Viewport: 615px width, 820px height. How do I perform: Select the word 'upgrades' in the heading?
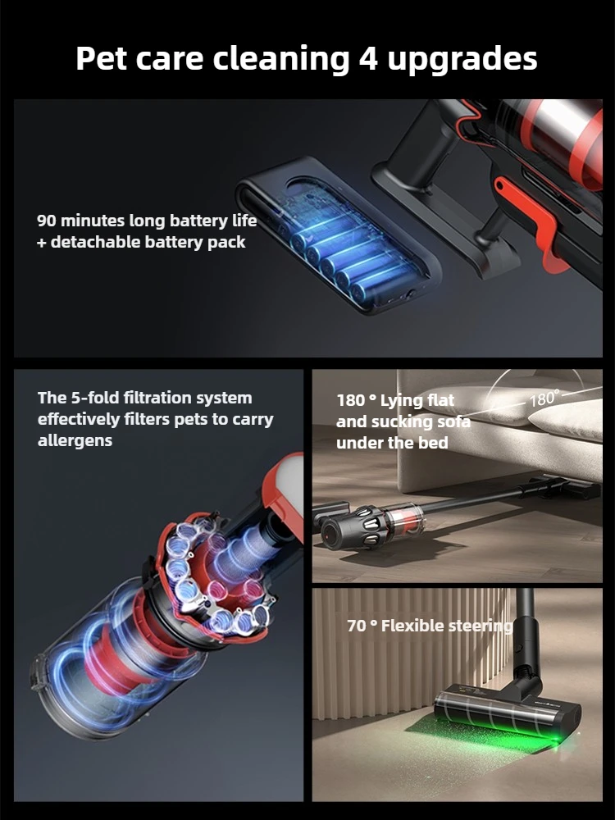pyautogui.click(x=462, y=59)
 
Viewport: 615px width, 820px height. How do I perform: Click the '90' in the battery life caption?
pyautogui.click(x=47, y=221)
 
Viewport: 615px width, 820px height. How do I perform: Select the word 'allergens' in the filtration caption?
pyautogui.click(x=75, y=441)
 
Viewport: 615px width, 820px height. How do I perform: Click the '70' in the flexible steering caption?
pyautogui.click(x=357, y=626)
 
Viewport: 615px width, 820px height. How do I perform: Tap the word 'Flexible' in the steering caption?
pyautogui.click(x=411, y=626)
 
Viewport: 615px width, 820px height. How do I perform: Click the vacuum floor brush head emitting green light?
pyautogui.click(x=508, y=711)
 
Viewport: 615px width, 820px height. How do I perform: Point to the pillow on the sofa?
pyautogui.click(x=565, y=421)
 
